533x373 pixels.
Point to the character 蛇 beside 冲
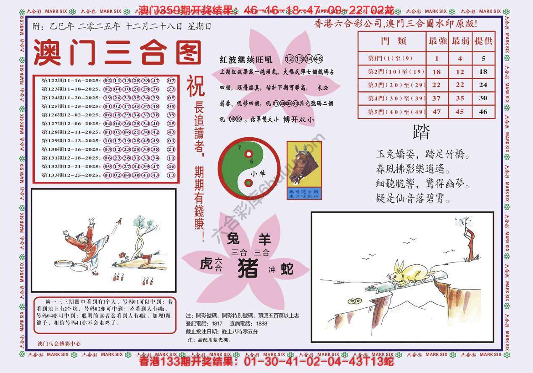click(287, 268)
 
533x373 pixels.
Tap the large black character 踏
click(422, 133)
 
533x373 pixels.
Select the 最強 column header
click(437, 41)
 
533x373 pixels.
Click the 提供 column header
click(483, 41)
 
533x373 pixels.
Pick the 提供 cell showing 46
click(483, 112)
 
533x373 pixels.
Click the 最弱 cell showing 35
click(460, 99)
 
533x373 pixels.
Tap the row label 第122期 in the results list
click(52, 80)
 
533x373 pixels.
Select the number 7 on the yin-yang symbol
click(239, 148)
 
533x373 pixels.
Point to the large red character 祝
click(195, 86)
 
